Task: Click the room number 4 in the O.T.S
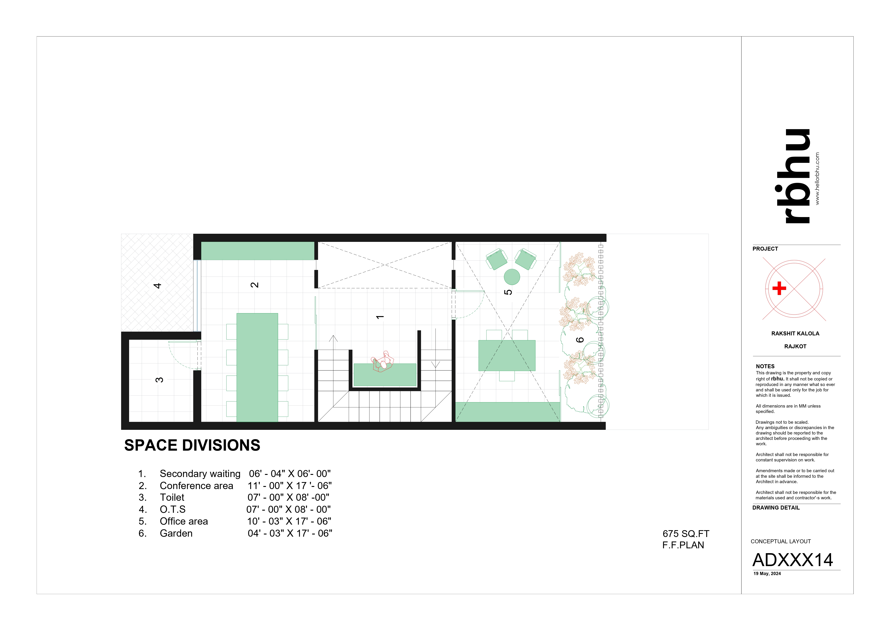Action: [x=157, y=286]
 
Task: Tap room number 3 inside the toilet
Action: [x=159, y=380]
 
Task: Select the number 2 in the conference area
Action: [x=255, y=285]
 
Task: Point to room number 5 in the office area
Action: [x=508, y=292]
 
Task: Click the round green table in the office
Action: [x=511, y=277]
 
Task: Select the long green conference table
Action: [x=257, y=367]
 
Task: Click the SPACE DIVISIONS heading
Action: [x=192, y=445]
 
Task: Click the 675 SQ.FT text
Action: [x=686, y=534]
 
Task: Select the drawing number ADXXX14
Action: [x=792, y=560]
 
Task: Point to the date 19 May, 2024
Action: [x=767, y=574]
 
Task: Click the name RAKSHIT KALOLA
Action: [x=795, y=333]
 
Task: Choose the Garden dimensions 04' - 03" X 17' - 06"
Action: [x=290, y=533]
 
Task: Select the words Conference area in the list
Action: [x=196, y=486]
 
